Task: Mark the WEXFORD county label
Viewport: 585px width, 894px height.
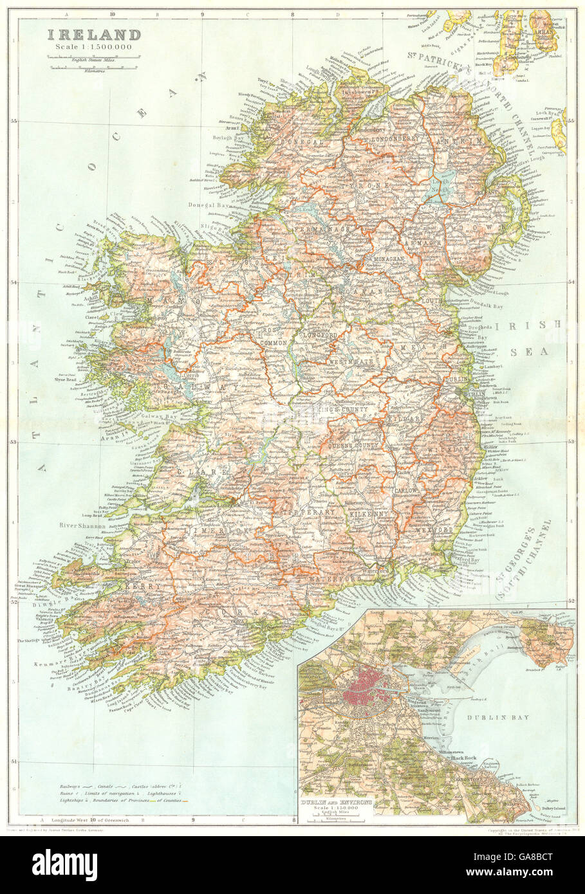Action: pos(436,530)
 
